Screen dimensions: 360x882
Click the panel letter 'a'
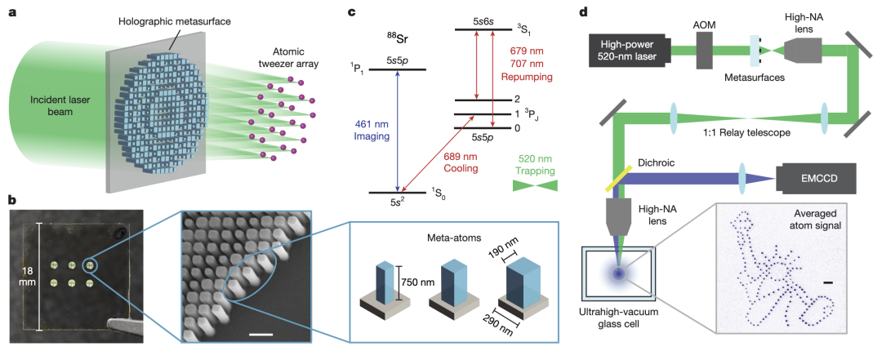point(11,13)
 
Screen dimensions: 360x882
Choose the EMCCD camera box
point(817,178)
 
